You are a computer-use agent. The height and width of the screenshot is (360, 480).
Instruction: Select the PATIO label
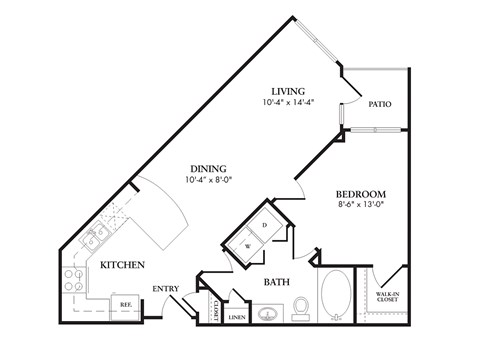379,103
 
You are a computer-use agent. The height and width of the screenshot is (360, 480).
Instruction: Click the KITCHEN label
122,265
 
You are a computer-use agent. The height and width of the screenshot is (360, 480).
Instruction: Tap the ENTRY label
166,289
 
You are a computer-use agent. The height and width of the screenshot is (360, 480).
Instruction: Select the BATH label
277,283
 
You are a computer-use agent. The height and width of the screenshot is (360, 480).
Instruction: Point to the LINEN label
237,318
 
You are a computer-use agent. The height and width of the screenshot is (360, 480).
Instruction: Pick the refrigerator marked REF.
126,304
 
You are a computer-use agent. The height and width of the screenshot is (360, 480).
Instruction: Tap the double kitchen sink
96,238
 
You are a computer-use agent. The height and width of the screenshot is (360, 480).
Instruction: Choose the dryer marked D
265,224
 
